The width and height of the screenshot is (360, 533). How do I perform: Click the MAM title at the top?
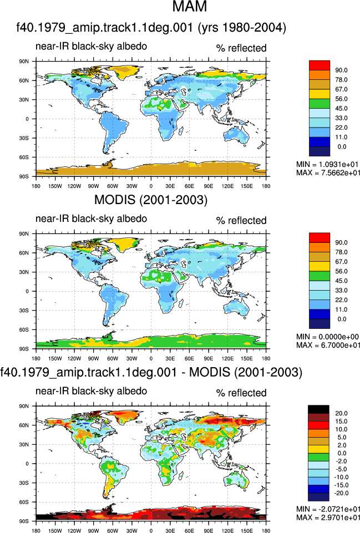(x=189, y=7)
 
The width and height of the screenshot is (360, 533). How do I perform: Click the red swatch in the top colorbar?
(x=319, y=65)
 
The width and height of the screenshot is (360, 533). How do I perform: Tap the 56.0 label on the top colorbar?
(x=341, y=99)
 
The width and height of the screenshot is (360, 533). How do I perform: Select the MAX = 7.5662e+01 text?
(x=328, y=172)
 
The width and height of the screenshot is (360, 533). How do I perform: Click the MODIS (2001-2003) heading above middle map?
(x=150, y=200)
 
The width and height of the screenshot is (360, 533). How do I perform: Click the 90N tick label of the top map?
(x=24, y=62)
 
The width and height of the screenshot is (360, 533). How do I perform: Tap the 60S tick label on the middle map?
(x=24, y=329)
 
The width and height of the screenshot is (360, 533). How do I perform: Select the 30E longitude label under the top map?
(x=170, y=186)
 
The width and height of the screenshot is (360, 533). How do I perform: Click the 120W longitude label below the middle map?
(x=74, y=358)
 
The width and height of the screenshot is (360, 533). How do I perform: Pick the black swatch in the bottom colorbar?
(x=318, y=409)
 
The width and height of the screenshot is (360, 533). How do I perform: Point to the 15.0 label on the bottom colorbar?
(x=341, y=422)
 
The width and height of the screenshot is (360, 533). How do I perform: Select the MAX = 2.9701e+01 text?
(x=328, y=517)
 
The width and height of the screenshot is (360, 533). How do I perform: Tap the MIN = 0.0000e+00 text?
(x=327, y=337)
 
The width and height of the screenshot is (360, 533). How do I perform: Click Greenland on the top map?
(x=125, y=72)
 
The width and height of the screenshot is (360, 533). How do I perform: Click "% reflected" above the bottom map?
(x=241, y=393)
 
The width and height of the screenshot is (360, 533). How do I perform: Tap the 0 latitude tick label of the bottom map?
(x=27, y=464)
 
